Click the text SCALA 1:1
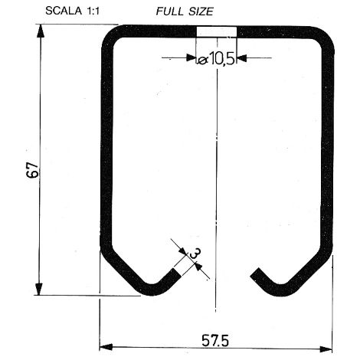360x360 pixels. pyautogui.click(x=72, y=11)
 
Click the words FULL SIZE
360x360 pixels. pyautogui.click(x=185, y=11)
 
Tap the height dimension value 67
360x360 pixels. pyautogui.click(x=33, y=169)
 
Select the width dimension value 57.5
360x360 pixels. pyautogui.click(x=215, y=340)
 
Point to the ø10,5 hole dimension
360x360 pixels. pyautogui.click(x=216, y=60)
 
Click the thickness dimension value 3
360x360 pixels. pyautogui.click(x=195, y=254)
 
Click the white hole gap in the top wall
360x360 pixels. pyautogui.click(x=217, y=31)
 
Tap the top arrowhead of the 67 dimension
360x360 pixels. pyautogui.click(x=40, y=31)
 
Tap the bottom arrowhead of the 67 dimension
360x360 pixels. pyautogui.click(x=39, y=289)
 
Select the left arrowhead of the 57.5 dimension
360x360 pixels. pyautogui.click(x=106, y=347)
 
